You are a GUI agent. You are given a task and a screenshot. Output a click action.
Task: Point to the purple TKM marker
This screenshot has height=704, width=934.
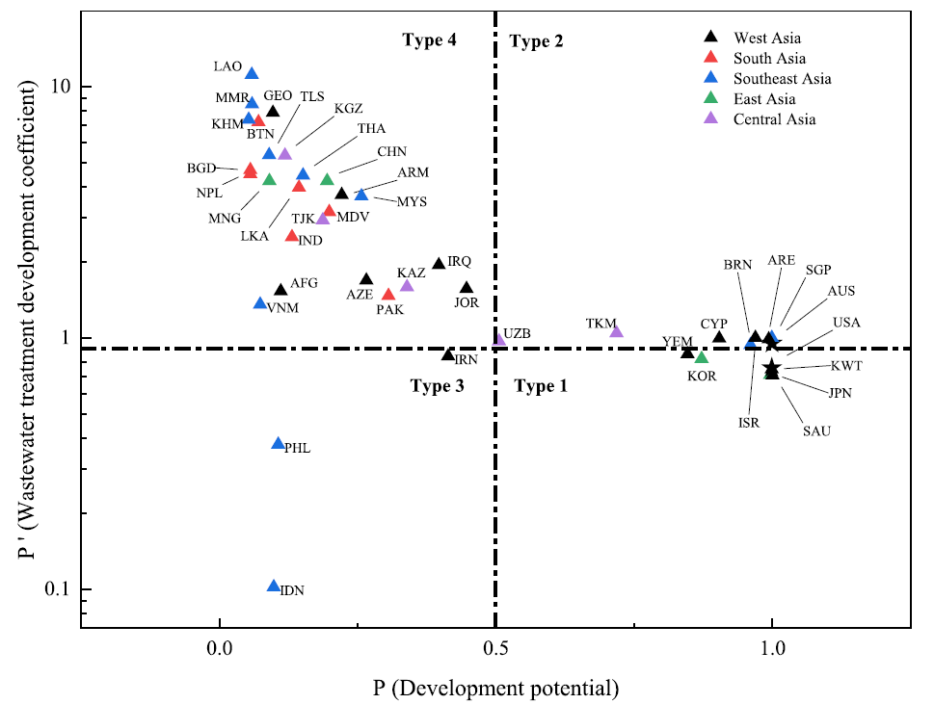tap(617, 332)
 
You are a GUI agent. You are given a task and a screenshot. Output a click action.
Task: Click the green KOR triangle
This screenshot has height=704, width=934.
tap(702, 358)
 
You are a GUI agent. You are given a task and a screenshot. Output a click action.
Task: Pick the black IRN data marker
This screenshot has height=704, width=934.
tap(448, 355)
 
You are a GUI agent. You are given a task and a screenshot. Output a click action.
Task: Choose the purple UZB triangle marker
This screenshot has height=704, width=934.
tap(499, 339)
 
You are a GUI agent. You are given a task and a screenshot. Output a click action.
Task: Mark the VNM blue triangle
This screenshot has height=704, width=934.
tap(259, 303)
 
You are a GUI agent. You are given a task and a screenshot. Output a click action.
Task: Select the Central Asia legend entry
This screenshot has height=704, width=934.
tap(774, 119)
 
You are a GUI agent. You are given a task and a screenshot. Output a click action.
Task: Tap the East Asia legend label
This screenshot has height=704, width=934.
tap(764, 99)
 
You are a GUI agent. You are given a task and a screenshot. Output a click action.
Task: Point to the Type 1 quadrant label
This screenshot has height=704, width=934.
tap(541, 387)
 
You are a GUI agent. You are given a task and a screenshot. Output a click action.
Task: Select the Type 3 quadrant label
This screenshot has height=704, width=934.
tap(437, 387)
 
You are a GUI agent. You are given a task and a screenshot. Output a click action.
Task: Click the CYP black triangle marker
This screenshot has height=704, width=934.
tap(719, 337)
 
